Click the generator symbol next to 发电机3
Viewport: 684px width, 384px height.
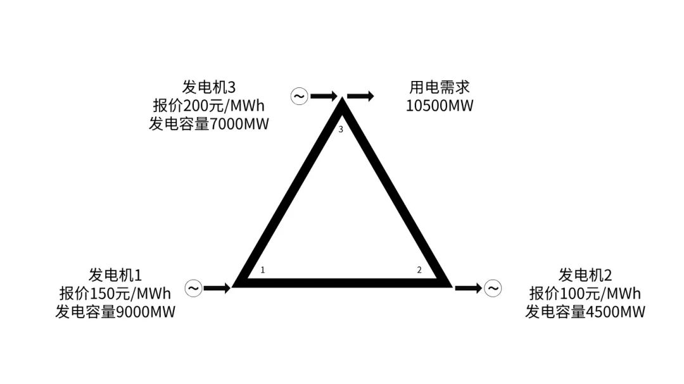(300, 96)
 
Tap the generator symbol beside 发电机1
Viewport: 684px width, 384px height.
(193, 288)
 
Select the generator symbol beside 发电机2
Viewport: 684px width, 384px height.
(493, 288)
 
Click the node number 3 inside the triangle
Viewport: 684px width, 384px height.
(341, 130)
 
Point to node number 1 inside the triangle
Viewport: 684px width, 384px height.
(263, 269)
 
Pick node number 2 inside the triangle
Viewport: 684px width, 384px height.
(419, 269)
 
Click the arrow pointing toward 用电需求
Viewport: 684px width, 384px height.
(361, 96)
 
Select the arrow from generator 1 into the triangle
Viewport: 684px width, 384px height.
(217, 288)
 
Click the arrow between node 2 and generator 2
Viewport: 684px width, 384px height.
(469, 288)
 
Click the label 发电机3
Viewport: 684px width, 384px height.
(208, 87)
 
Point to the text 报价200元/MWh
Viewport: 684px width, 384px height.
(208, 106)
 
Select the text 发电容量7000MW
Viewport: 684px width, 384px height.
(208, 124)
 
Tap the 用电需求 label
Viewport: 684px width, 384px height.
(440, 87)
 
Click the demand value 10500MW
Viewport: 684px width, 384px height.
(440, 106)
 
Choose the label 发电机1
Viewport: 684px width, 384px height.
(115, 275)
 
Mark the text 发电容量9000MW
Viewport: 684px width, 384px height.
(115, 312)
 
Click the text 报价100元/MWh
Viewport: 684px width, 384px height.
(585, 294)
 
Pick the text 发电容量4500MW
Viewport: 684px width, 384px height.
(585, 312)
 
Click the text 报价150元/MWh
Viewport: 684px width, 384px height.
(115, 294)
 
